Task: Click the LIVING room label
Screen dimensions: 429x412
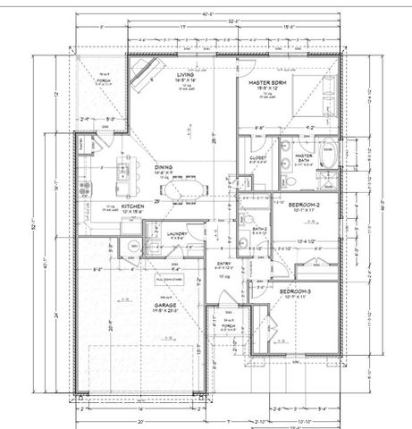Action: pyautogui.click(x=185, y=75)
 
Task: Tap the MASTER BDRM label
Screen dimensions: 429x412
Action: pyautogui.click(x=267, y=82)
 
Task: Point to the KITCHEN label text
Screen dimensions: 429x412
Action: pyautogui.click(x=132, y=206)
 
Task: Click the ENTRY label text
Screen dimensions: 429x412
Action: pyautogui.click(x=225, y=264)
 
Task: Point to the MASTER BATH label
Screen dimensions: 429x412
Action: pyautogui.click(x=304, y=157)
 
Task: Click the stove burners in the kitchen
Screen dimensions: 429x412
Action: pyautogui.click(x=86, y=189)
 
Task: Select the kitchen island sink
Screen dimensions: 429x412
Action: pyautogui.click(x=126, y=169)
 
